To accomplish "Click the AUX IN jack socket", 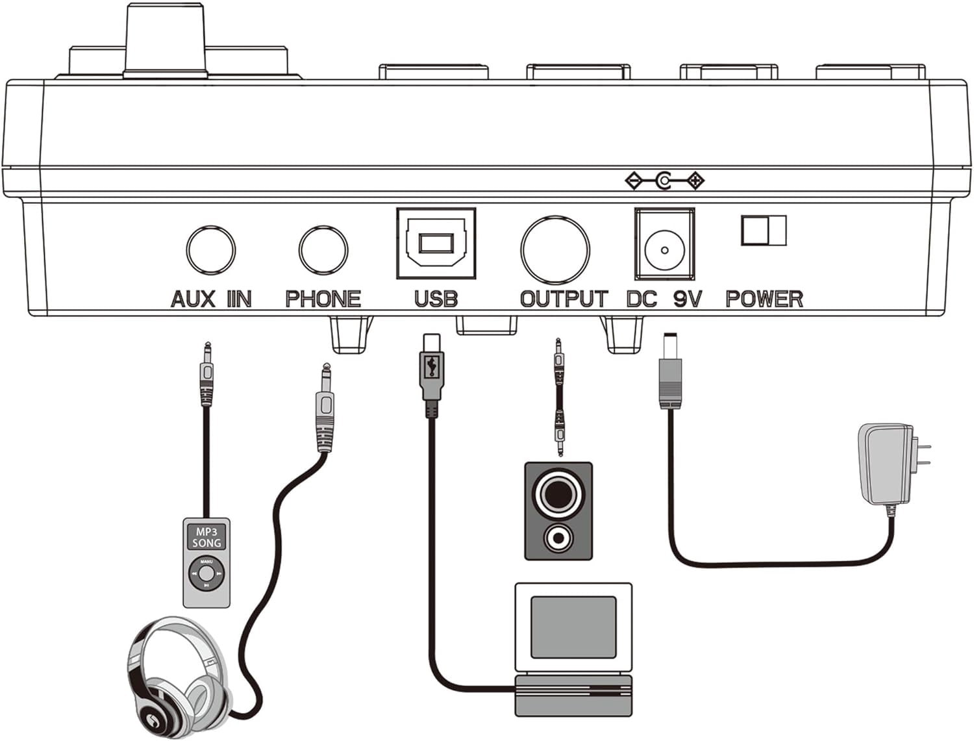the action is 211,250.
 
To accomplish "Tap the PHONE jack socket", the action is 323,250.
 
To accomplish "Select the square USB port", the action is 436,244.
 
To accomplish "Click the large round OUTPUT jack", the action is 555,250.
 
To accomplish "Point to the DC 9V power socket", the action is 664,244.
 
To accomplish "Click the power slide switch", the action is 764,231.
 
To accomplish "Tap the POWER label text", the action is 764,299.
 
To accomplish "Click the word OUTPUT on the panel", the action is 564,299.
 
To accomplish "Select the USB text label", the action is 436,299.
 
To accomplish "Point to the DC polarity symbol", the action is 664,181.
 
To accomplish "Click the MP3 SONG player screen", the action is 206,537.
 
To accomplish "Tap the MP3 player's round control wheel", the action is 206,573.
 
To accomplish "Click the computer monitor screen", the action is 573,627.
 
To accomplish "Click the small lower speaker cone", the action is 558,538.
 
